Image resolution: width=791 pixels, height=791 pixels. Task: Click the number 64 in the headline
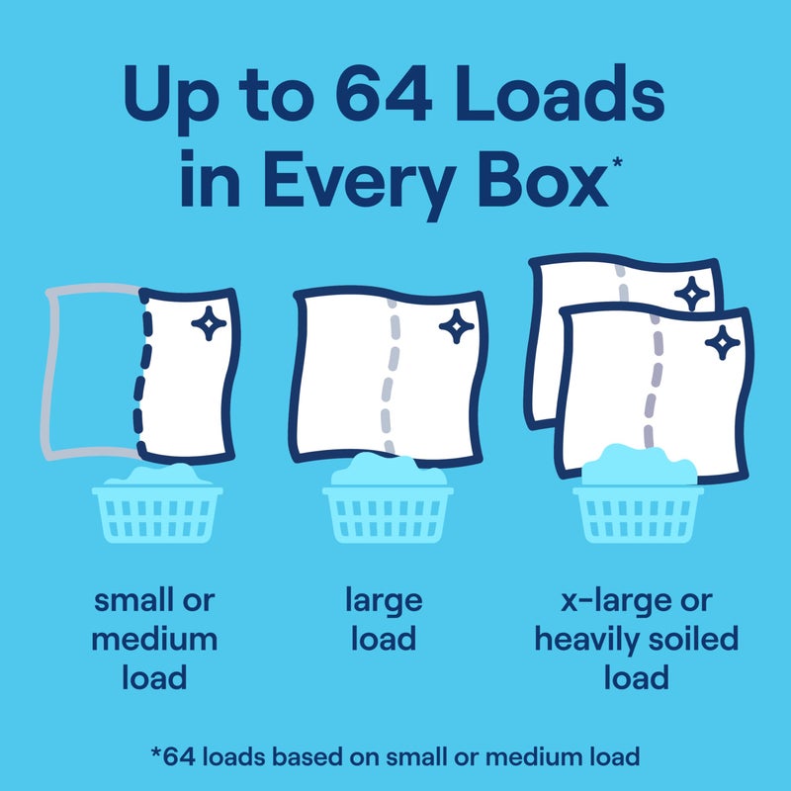384,94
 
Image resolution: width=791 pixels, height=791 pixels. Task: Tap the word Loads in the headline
560,93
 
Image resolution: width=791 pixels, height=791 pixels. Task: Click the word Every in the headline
359,185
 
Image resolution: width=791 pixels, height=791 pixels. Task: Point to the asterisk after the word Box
617,163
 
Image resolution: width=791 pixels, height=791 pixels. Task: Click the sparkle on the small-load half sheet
209,323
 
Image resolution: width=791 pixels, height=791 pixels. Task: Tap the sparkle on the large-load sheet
457,326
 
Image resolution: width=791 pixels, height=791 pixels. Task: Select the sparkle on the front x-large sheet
723,342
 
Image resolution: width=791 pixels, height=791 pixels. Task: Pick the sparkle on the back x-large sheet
691,294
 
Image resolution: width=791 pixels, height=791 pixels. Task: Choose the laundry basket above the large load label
388,499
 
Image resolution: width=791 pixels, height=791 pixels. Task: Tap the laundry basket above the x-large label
638,495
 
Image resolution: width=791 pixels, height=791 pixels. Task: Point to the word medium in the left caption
154,639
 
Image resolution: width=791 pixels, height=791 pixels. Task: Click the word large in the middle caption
384,602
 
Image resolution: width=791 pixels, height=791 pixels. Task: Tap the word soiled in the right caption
694,639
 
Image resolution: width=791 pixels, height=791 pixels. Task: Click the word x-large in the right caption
616,602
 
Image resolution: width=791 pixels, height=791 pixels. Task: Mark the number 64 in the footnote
179,757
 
